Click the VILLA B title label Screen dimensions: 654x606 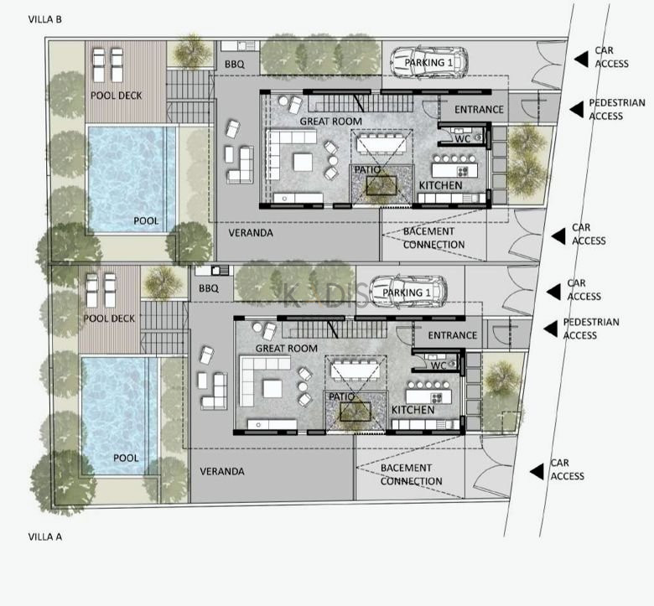point(45,19)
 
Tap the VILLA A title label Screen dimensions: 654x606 point(45,536)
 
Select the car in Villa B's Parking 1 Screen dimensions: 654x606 point(428,63)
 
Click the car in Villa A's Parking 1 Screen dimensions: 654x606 point(408,292)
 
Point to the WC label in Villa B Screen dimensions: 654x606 point(463,139)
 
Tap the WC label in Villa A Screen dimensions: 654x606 point(439,365)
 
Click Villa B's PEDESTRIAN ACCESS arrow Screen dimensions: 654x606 point(576,109)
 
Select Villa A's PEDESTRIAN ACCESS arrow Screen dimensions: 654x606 point(550,329)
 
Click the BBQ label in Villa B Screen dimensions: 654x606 point(235,65)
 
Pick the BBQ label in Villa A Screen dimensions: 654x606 point(209,288)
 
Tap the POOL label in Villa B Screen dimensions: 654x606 point(146,220)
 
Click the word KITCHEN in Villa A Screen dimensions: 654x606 point(413,410)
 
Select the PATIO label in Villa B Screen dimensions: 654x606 point(367,170)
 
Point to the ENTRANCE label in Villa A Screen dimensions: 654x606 point(453,335)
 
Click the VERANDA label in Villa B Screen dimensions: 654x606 point(251,233)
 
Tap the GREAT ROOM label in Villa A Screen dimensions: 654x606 point(287,348)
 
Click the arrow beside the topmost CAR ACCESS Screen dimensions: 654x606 point(581,59)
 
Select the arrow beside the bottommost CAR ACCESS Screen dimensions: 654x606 point(537,472)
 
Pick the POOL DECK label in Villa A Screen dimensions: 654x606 point(109,319)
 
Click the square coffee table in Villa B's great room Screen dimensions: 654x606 point(303,163)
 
